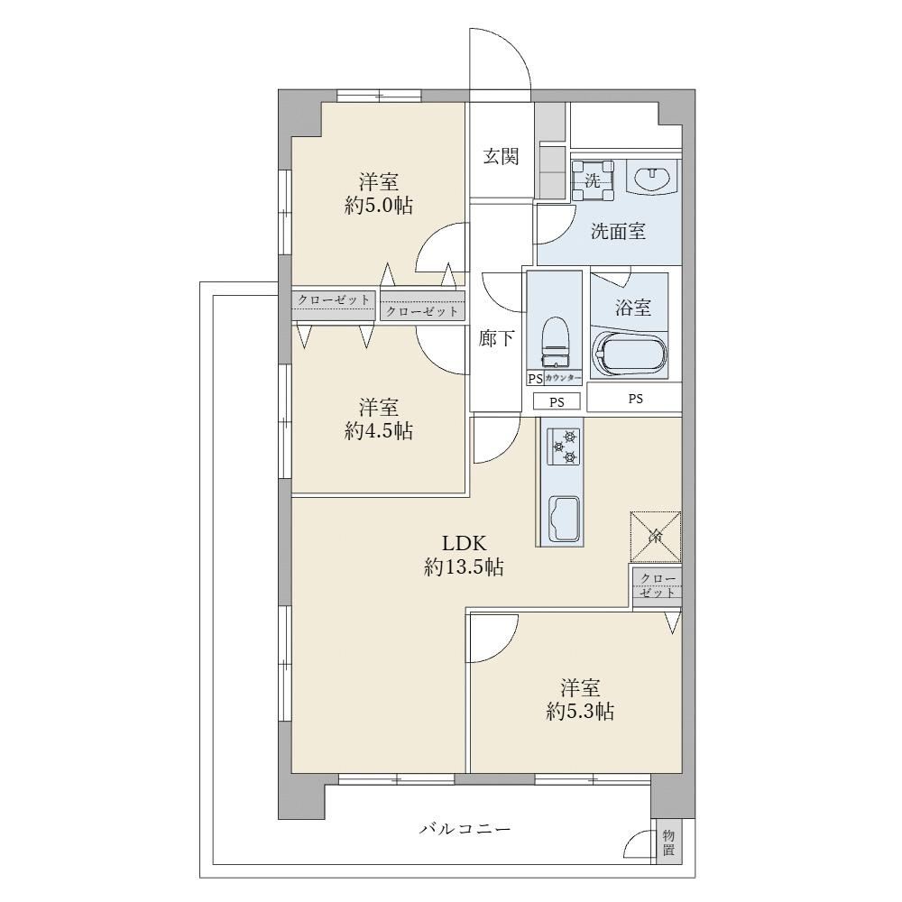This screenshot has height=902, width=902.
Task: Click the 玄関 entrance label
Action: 501,156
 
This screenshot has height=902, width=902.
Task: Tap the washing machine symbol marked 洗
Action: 592,180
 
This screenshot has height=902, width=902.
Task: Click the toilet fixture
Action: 555,342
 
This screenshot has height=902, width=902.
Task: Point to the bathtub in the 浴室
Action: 630,354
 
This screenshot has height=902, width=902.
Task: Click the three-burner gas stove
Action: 562,446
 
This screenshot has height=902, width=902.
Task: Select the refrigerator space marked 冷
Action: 656,537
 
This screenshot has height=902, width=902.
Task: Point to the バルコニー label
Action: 465,829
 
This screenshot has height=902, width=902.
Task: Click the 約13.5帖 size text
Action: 464,567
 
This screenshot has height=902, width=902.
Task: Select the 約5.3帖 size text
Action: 580,712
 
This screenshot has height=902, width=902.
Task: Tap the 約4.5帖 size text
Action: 379,431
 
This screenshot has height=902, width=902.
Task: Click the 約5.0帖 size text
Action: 379,206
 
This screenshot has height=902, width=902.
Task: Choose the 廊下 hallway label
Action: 496,338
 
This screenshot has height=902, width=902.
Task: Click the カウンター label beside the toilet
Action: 563,379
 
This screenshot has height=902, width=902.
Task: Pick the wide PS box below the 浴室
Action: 634,398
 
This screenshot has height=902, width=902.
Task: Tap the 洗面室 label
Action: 619,231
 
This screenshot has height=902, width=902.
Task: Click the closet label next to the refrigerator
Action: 657,585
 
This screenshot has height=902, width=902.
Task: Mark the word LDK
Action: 465,543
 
